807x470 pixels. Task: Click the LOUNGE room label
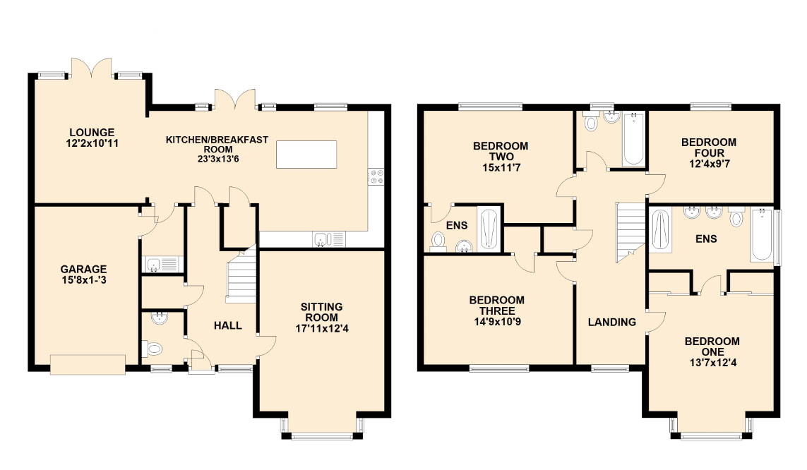(x=92, y=132)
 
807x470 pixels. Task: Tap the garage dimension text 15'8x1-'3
(x=83, y=279)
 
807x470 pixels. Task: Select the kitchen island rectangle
(x=306, y=155)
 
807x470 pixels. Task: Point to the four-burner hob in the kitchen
(x=376, y=176)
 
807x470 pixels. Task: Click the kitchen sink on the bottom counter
(x=322, y=240)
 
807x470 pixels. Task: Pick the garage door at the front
(x=88, y=364)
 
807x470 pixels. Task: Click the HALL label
(x=228, y=325)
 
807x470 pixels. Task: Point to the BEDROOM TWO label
(x=500, y=146)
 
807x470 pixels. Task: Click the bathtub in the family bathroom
(x=633, y=138)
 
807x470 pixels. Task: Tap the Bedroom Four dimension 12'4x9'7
(x=708, y=153)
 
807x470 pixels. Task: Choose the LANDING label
(x=612, y=322)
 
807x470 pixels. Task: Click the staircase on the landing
(x=630, y=231)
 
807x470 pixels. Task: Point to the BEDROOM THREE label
(x=497, y=300)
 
